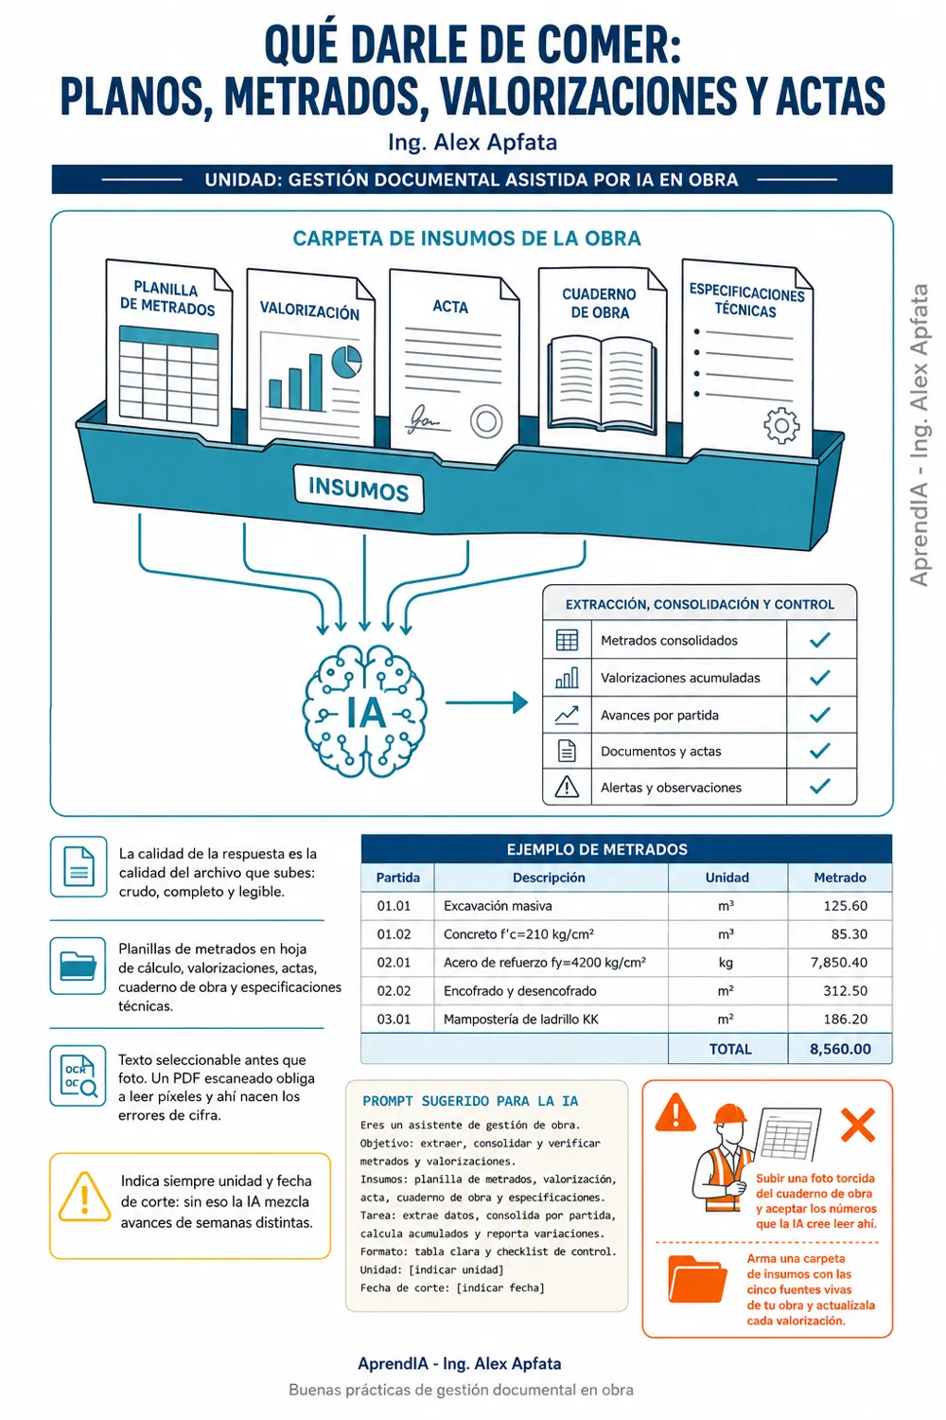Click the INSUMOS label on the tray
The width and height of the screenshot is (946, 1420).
click(358, 489)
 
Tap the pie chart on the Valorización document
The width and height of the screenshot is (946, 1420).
click(346, 362)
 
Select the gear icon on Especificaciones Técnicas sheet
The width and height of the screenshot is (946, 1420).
click(781, 425)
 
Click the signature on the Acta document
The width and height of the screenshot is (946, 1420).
click(425, 419)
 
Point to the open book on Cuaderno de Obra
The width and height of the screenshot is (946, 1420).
click(602, 384)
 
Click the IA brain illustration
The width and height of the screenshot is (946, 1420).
click(364, 711)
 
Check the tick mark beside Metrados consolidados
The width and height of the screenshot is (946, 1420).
click(820, 640)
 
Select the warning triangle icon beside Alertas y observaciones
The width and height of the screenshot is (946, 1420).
click(567, 787)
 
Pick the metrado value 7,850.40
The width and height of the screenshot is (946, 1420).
click(839, 963)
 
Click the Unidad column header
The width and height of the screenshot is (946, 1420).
click(727, 878)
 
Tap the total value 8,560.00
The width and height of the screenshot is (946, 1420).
click(840, 1049)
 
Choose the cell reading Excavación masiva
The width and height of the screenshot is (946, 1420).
click(498, 906)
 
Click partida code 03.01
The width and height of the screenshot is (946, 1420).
click(394, 1020)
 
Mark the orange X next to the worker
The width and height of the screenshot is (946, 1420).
click(858, 1125)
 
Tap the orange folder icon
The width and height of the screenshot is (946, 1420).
click(697, 1279)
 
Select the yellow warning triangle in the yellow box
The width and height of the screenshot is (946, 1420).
click(84, 1197)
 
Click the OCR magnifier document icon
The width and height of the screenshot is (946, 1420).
click(79, 1075)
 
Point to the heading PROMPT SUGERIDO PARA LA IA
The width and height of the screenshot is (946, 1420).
click(470, 1101)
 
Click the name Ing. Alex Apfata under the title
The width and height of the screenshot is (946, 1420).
click(473, 142)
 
